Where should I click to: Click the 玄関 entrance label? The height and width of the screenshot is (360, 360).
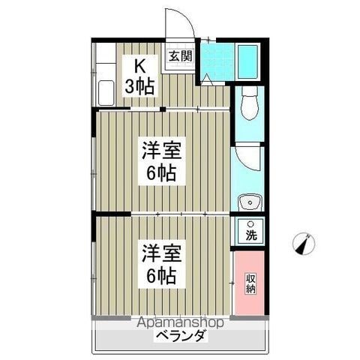point(181,56)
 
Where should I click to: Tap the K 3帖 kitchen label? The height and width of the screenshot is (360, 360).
point(139,76)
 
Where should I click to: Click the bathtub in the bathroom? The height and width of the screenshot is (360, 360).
point(247,61)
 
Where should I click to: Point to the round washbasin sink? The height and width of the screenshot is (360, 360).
point(250,202)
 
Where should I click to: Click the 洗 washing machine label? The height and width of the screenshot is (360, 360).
point(251,235)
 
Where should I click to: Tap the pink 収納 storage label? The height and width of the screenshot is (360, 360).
point(250,283)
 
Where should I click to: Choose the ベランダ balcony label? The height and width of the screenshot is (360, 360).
point(181,335)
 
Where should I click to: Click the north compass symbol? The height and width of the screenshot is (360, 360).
point(304,244)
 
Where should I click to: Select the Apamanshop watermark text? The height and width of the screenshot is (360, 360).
point(180,322)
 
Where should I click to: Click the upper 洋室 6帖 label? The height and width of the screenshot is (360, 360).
point(162,161)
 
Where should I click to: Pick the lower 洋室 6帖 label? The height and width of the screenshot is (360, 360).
point(162,264)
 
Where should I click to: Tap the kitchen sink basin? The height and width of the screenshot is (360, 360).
point(106,93)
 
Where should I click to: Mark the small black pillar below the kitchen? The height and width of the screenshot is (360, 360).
point(163,109)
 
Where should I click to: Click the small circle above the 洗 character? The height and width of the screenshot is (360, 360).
point(250,223)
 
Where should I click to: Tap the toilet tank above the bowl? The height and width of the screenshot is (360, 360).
point(249,91)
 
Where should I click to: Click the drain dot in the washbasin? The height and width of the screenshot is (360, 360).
point(250,202)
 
